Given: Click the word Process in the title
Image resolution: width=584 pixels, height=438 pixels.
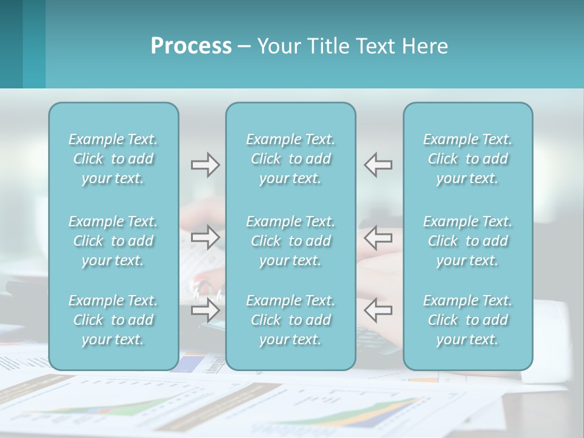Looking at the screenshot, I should (x=191, y=46).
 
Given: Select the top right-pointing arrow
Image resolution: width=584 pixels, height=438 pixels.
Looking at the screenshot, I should (x=205, y=165).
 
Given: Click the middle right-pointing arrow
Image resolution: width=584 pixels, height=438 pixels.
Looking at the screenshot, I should (x=205, y=237).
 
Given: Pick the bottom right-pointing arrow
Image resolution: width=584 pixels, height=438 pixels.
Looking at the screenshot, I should (x=205, y=310).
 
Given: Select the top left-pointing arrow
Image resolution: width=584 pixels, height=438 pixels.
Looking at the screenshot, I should (x=378, y=165).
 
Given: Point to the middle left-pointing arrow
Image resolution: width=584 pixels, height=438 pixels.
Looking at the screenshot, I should (x=378, y=237).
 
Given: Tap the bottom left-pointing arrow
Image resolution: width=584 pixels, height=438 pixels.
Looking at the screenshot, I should (x=378, y=310).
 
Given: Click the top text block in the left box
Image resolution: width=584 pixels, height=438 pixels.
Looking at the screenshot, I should (x=113, y=159).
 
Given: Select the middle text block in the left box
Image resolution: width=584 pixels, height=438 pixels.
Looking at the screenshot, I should (x=113, y=241).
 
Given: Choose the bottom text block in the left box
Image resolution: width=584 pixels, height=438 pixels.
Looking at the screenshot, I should (x=113, y=320).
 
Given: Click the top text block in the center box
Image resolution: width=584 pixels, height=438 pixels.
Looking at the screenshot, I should (x=290, y=159).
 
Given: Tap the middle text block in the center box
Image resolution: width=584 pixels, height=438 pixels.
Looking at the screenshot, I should (x=290, y=241).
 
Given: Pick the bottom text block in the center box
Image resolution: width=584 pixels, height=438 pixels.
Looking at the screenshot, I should (x=290, y=320).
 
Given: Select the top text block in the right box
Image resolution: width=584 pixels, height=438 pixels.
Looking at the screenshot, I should (x=468, y=159).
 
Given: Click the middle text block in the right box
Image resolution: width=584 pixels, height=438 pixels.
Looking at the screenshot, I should (x=468, y=241).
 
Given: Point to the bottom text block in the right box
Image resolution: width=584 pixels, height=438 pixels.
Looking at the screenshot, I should (x=468, y=320).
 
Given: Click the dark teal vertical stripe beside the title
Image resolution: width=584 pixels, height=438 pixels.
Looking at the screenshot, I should (x=11, y=44).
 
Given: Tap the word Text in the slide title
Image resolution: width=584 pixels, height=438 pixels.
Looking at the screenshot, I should (x=376, y=46).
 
